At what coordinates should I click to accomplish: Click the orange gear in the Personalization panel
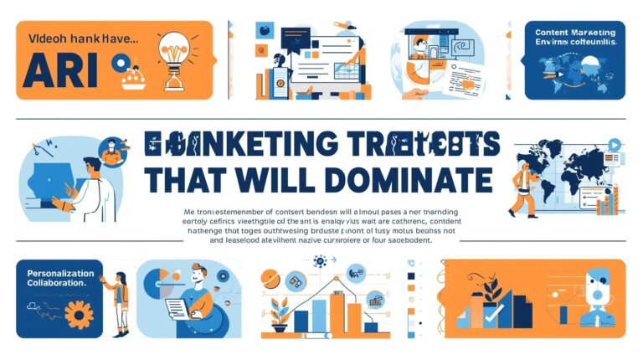coord(80,313)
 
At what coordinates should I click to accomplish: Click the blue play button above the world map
coord(615,145)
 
